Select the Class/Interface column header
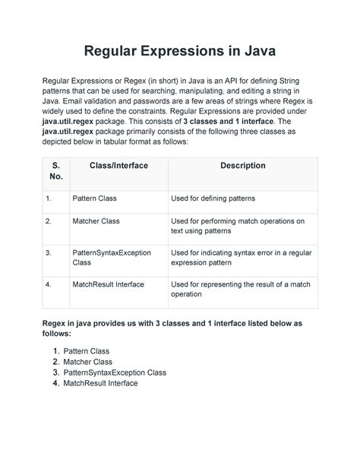click(118, 165)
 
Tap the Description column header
click(242, 165)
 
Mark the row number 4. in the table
click(48, 284)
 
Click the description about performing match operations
click(237, 227)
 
